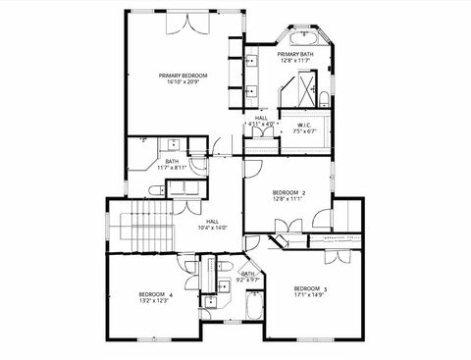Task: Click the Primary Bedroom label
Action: [x=182, y=75]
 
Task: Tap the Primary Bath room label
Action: [x=295, y=54]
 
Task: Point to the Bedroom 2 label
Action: [x=288, y=191]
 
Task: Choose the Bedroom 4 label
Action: [x=155, y=294]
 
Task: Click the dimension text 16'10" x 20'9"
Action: [x=182, y=81]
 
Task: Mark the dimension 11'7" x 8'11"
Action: [x=171, y=168]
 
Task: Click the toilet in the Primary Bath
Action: [x=323, y=95]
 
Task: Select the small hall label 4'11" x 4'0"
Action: [x=261, y=123]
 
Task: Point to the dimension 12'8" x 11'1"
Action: [x=288, y=198]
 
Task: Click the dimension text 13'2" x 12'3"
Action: [x=155, y=301]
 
